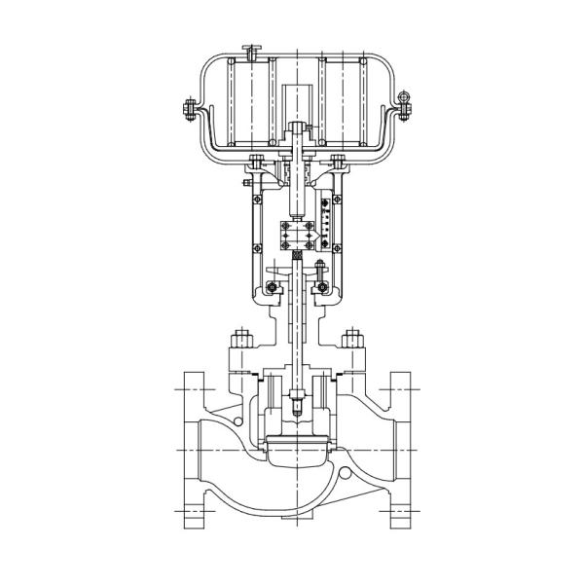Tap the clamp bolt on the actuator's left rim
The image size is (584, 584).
click(x=185, y=110)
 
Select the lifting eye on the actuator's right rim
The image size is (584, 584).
click(x=401, y=99)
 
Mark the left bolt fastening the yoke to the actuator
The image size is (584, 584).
click(x=256, y=161)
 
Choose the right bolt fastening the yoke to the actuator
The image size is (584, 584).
click(x=338, y=161)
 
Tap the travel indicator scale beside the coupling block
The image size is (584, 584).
click(x=326, y=219)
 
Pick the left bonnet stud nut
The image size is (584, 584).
click(x=238, y=344)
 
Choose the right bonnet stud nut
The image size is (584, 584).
click(x=352, y=344)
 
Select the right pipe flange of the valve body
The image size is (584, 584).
click(x=403, y=449)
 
